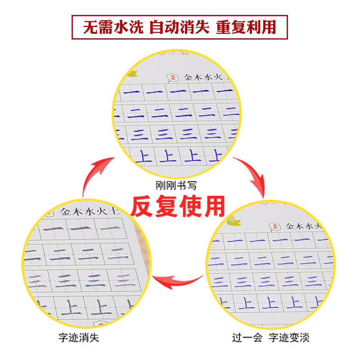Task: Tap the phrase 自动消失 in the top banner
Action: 180,28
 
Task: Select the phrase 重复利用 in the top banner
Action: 246,28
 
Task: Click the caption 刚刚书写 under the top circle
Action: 180,184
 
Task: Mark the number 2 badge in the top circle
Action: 171,78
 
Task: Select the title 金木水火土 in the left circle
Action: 90,211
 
